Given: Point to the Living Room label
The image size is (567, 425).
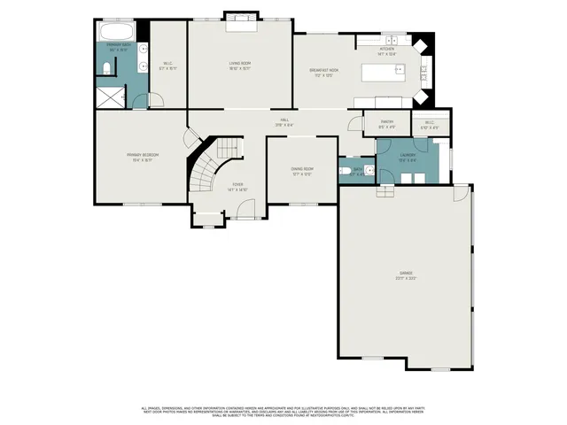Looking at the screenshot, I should click(240, 64).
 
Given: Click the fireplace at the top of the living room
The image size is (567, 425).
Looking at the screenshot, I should click(240, 21).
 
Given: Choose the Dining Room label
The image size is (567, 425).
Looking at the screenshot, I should click(302, 170).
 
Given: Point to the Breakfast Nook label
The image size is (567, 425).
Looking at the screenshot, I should click(323, 71).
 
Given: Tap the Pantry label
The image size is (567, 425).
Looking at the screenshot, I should click(386, 124).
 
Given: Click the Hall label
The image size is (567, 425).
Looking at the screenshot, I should click(284, 121).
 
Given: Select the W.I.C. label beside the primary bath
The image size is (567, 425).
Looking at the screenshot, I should click(167, 64).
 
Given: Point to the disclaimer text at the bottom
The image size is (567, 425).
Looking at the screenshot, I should click(283, 412).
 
